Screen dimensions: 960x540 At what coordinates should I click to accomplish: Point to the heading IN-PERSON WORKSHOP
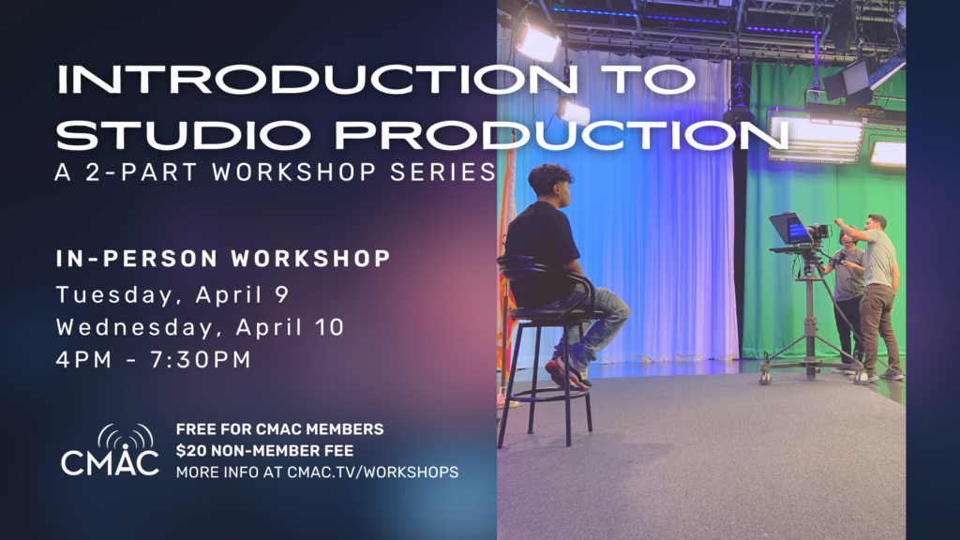pos(223,259)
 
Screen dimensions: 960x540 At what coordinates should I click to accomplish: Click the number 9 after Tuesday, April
pos(281,294)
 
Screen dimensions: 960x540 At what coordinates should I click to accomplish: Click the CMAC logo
pos(111,450)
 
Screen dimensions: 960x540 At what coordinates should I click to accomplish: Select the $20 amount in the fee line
pos(187,451)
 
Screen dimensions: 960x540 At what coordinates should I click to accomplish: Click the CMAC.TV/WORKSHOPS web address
pos(372,472)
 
